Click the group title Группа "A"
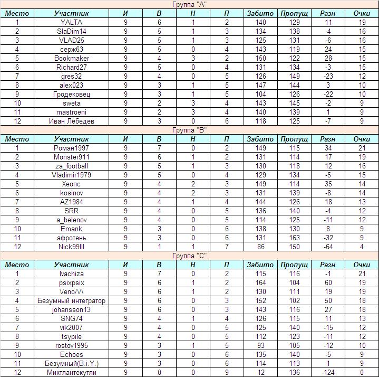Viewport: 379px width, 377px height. point(190,5)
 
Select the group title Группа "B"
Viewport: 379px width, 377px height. point(190,130)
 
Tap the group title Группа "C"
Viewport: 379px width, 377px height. point(190,256)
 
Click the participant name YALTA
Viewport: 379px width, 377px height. point(71,23)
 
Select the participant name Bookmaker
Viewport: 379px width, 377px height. point(71,59)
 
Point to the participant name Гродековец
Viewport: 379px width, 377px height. point(71,95)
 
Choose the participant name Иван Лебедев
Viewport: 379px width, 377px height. point(71,121)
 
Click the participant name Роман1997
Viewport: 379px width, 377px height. point(71,148)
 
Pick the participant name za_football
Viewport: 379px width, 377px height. point(71,166)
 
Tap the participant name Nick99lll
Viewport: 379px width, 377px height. point(71,247)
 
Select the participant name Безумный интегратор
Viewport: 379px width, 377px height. point(71,301)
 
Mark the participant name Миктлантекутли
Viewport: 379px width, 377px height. point(71,373)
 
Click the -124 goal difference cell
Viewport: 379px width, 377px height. point(328,373)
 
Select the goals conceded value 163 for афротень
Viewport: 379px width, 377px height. point(294,238)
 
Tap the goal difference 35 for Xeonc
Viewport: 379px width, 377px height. point(328,184)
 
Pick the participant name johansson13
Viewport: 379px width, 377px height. point(71,310)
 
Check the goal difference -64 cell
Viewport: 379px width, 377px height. point(328,247)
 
